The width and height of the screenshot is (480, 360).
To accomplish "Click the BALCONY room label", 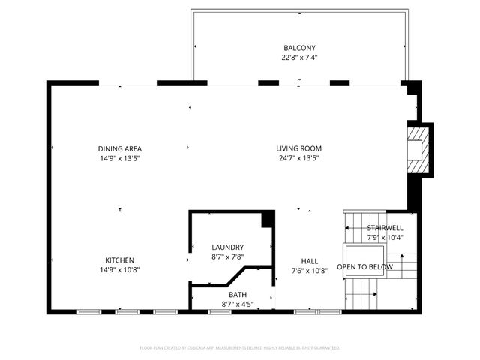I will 298,48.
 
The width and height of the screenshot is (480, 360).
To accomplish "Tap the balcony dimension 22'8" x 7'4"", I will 298,58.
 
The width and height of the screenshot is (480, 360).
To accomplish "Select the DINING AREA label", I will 120,148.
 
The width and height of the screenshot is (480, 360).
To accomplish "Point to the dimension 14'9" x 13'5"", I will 120,158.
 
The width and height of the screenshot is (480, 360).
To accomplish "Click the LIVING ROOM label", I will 298,148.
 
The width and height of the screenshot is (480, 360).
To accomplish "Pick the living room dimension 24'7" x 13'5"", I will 298,158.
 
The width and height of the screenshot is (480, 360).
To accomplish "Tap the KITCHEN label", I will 120,259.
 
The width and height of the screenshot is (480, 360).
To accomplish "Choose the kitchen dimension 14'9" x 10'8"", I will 120,269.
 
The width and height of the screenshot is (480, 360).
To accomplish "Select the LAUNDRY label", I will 228,247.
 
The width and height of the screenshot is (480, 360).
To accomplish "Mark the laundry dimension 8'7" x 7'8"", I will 228,256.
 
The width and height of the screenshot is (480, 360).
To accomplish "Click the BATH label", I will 238,295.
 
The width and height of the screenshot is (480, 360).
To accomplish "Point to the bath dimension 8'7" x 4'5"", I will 238,304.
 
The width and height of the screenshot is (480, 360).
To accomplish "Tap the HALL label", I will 310,261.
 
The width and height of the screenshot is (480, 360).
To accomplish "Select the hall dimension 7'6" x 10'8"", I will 310,271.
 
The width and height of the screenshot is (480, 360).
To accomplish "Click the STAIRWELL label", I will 385,228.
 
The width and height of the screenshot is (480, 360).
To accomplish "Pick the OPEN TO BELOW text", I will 365,267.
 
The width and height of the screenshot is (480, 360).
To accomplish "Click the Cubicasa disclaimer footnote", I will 240,348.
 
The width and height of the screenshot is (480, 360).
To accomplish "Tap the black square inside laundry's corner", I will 265,220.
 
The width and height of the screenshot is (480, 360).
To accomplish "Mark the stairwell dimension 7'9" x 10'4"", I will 385,238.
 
